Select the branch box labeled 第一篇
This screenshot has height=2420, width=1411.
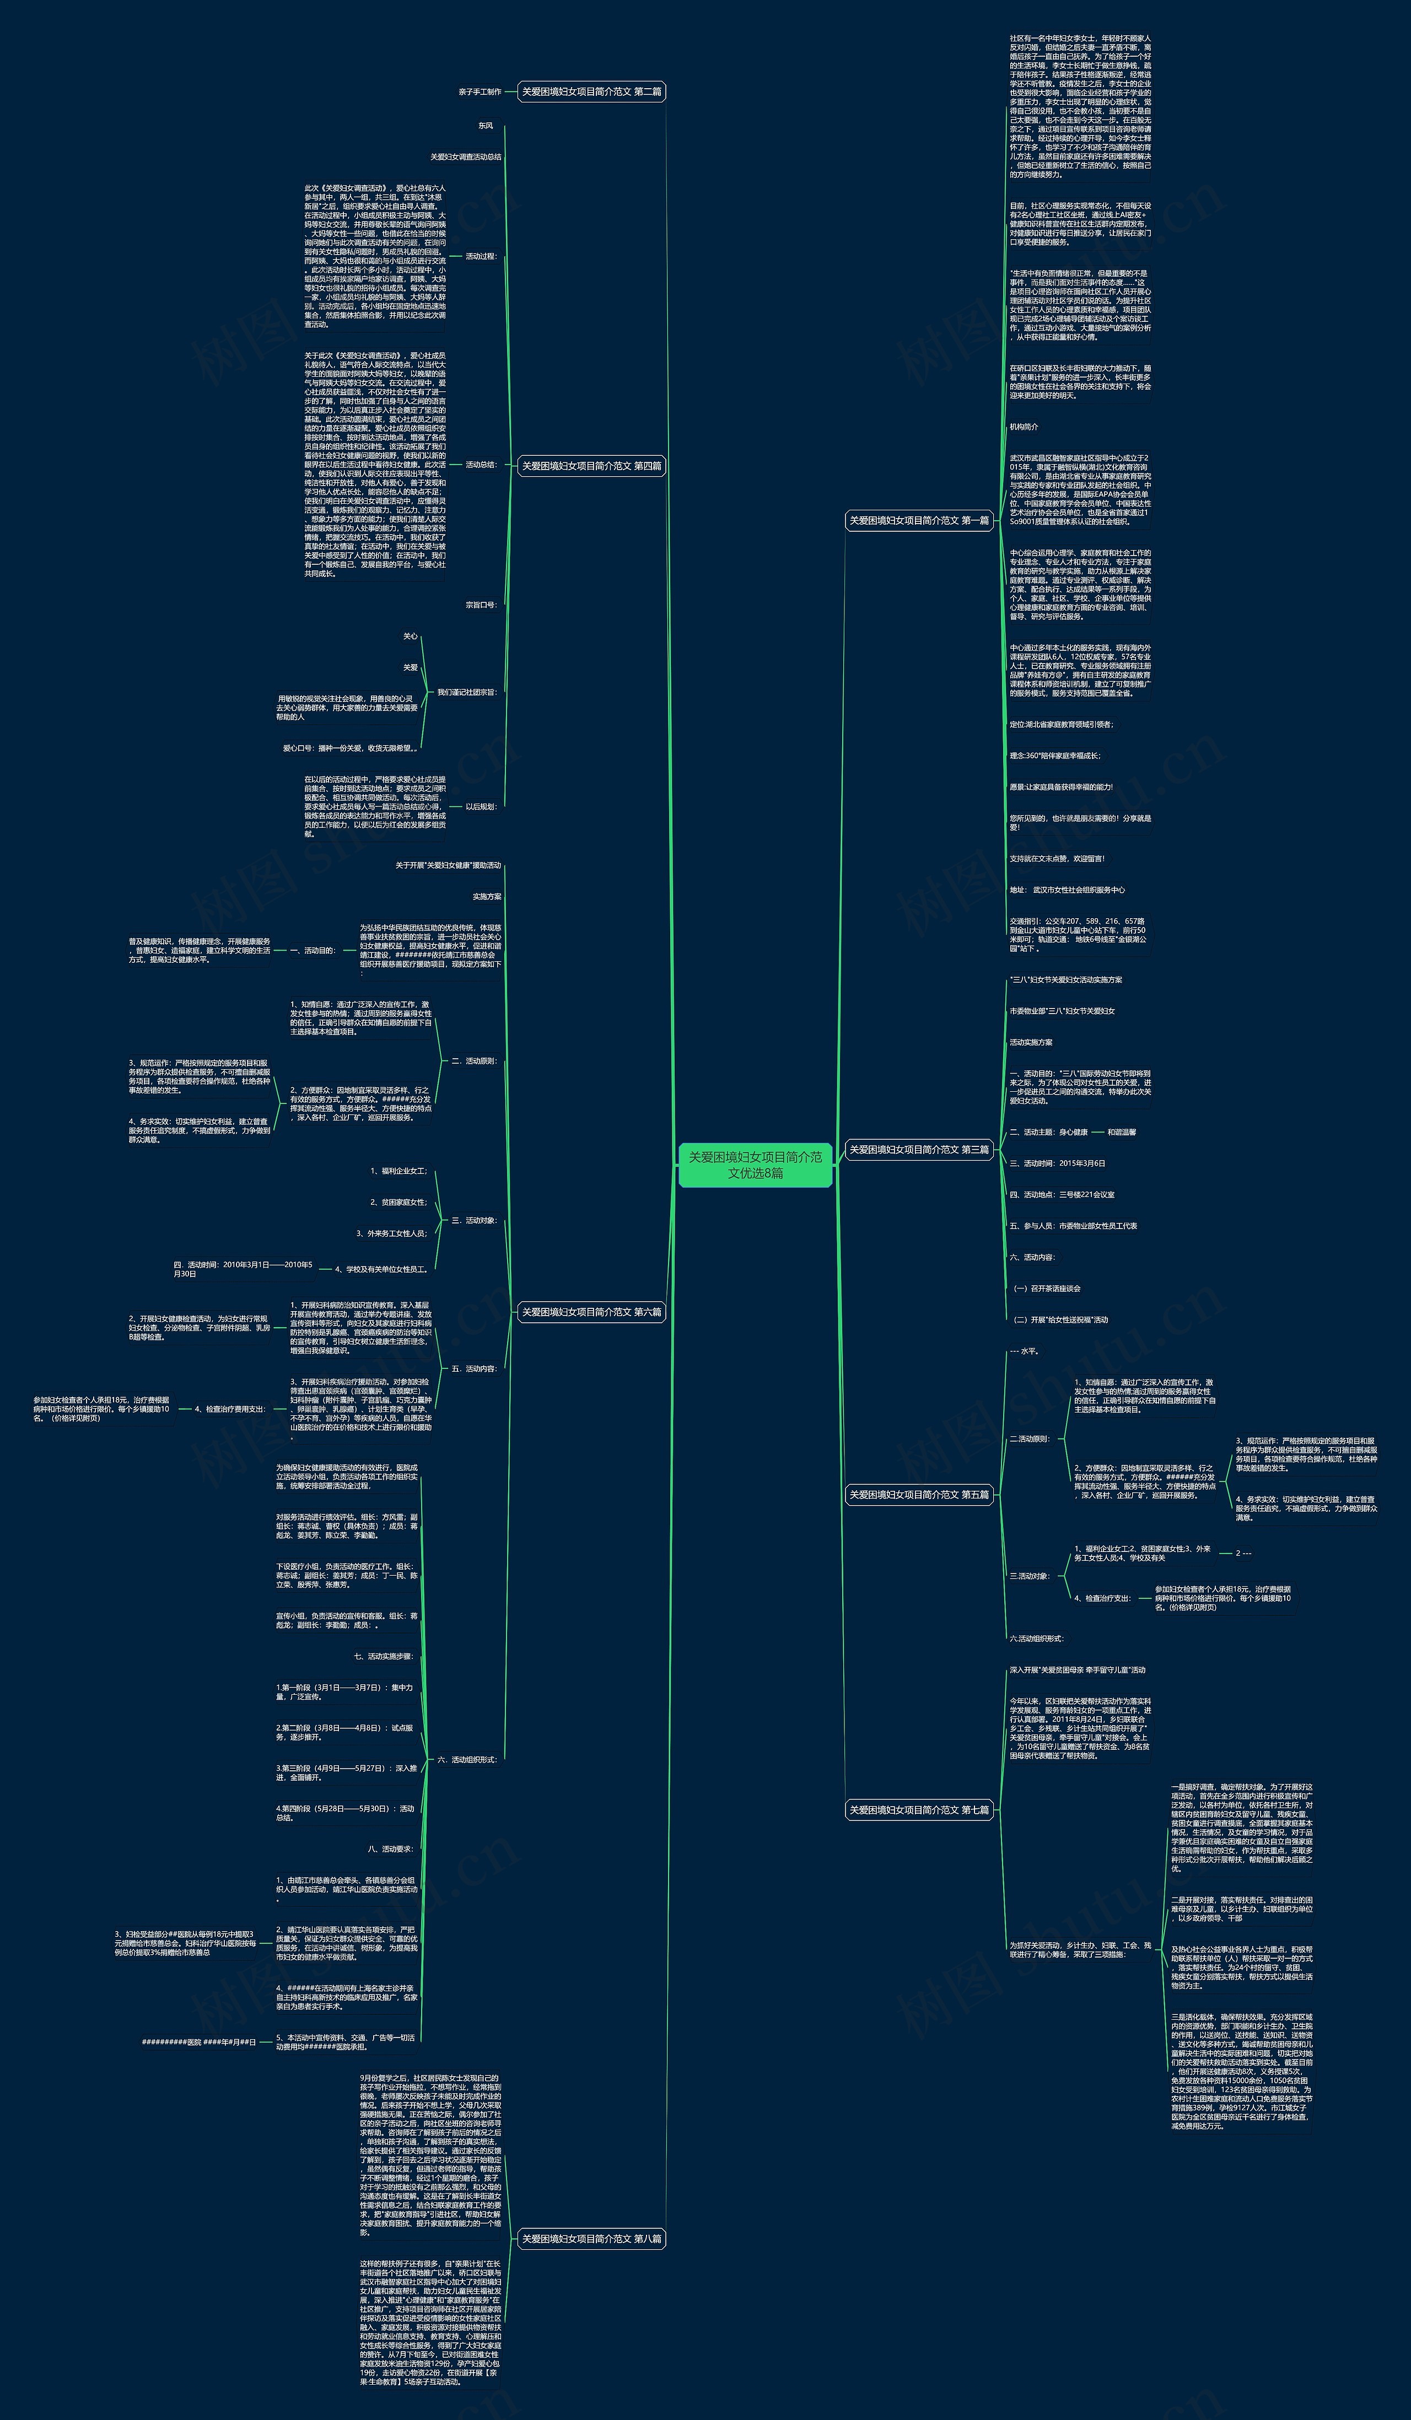pos(918,520)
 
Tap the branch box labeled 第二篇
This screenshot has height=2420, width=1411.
pos(591,92)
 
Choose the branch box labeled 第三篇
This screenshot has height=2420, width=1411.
pos(918,1150)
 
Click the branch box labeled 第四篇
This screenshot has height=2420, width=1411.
pos(591,466)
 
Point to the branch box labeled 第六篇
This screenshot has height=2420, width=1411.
pos(591,1312)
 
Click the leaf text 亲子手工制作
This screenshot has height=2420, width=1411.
pos(480,92)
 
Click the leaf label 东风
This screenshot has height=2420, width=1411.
pos(486,126)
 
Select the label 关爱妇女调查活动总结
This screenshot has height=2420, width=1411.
pos(466,157)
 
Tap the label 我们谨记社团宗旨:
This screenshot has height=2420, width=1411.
pos(467,692)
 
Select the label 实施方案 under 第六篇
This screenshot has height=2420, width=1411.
pos(487,896)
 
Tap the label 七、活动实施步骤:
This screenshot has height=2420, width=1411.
pos(383,1657)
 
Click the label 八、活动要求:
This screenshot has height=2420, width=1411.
pos(390,1848)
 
